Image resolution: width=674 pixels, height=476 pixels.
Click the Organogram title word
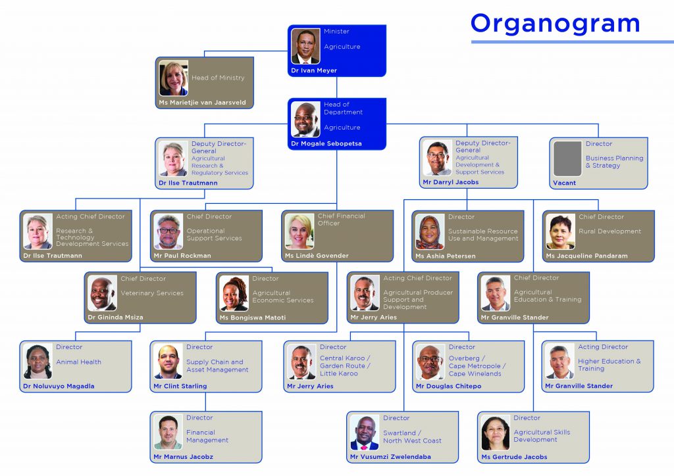click(x=556, y=24)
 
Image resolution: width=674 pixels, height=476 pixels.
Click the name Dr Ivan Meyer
click(x=314, y=70)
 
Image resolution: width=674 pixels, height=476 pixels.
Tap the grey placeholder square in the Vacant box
click(x=567, y=158)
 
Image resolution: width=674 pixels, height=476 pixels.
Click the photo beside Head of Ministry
click(x=174, y=78)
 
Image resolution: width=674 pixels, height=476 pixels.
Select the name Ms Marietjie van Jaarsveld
click(x=203, y=103)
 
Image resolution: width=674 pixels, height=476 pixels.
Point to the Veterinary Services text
click(x=152, y=293)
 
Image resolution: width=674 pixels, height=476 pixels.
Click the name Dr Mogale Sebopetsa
click(x=326, y=144)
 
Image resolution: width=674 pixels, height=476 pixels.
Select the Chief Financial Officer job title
click(x=342, y=220)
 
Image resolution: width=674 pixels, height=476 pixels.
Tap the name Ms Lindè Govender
click(x=317, y=256)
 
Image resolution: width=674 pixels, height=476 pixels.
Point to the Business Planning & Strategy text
click(x=614, y=162)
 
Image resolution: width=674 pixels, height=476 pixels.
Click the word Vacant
click(x=564, y=183)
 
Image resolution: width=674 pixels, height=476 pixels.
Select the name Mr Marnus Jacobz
click(x=183, y=457)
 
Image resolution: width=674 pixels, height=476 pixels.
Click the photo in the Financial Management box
click(x=168, y=432)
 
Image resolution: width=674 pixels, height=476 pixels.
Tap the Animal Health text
click(x=79, y=362)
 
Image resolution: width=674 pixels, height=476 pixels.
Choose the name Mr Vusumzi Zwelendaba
click(x=390, y=457)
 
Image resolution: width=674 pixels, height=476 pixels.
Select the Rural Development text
click(x=610, y=231)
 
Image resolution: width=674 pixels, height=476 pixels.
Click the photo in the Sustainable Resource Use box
click(x=430, y=232)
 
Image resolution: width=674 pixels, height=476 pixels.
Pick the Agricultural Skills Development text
click(x=542, y=436)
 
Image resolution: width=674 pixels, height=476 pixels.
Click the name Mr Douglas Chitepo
click(x=448, y=387)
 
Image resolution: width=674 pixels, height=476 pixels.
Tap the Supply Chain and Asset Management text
click(x=217, y=366)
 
